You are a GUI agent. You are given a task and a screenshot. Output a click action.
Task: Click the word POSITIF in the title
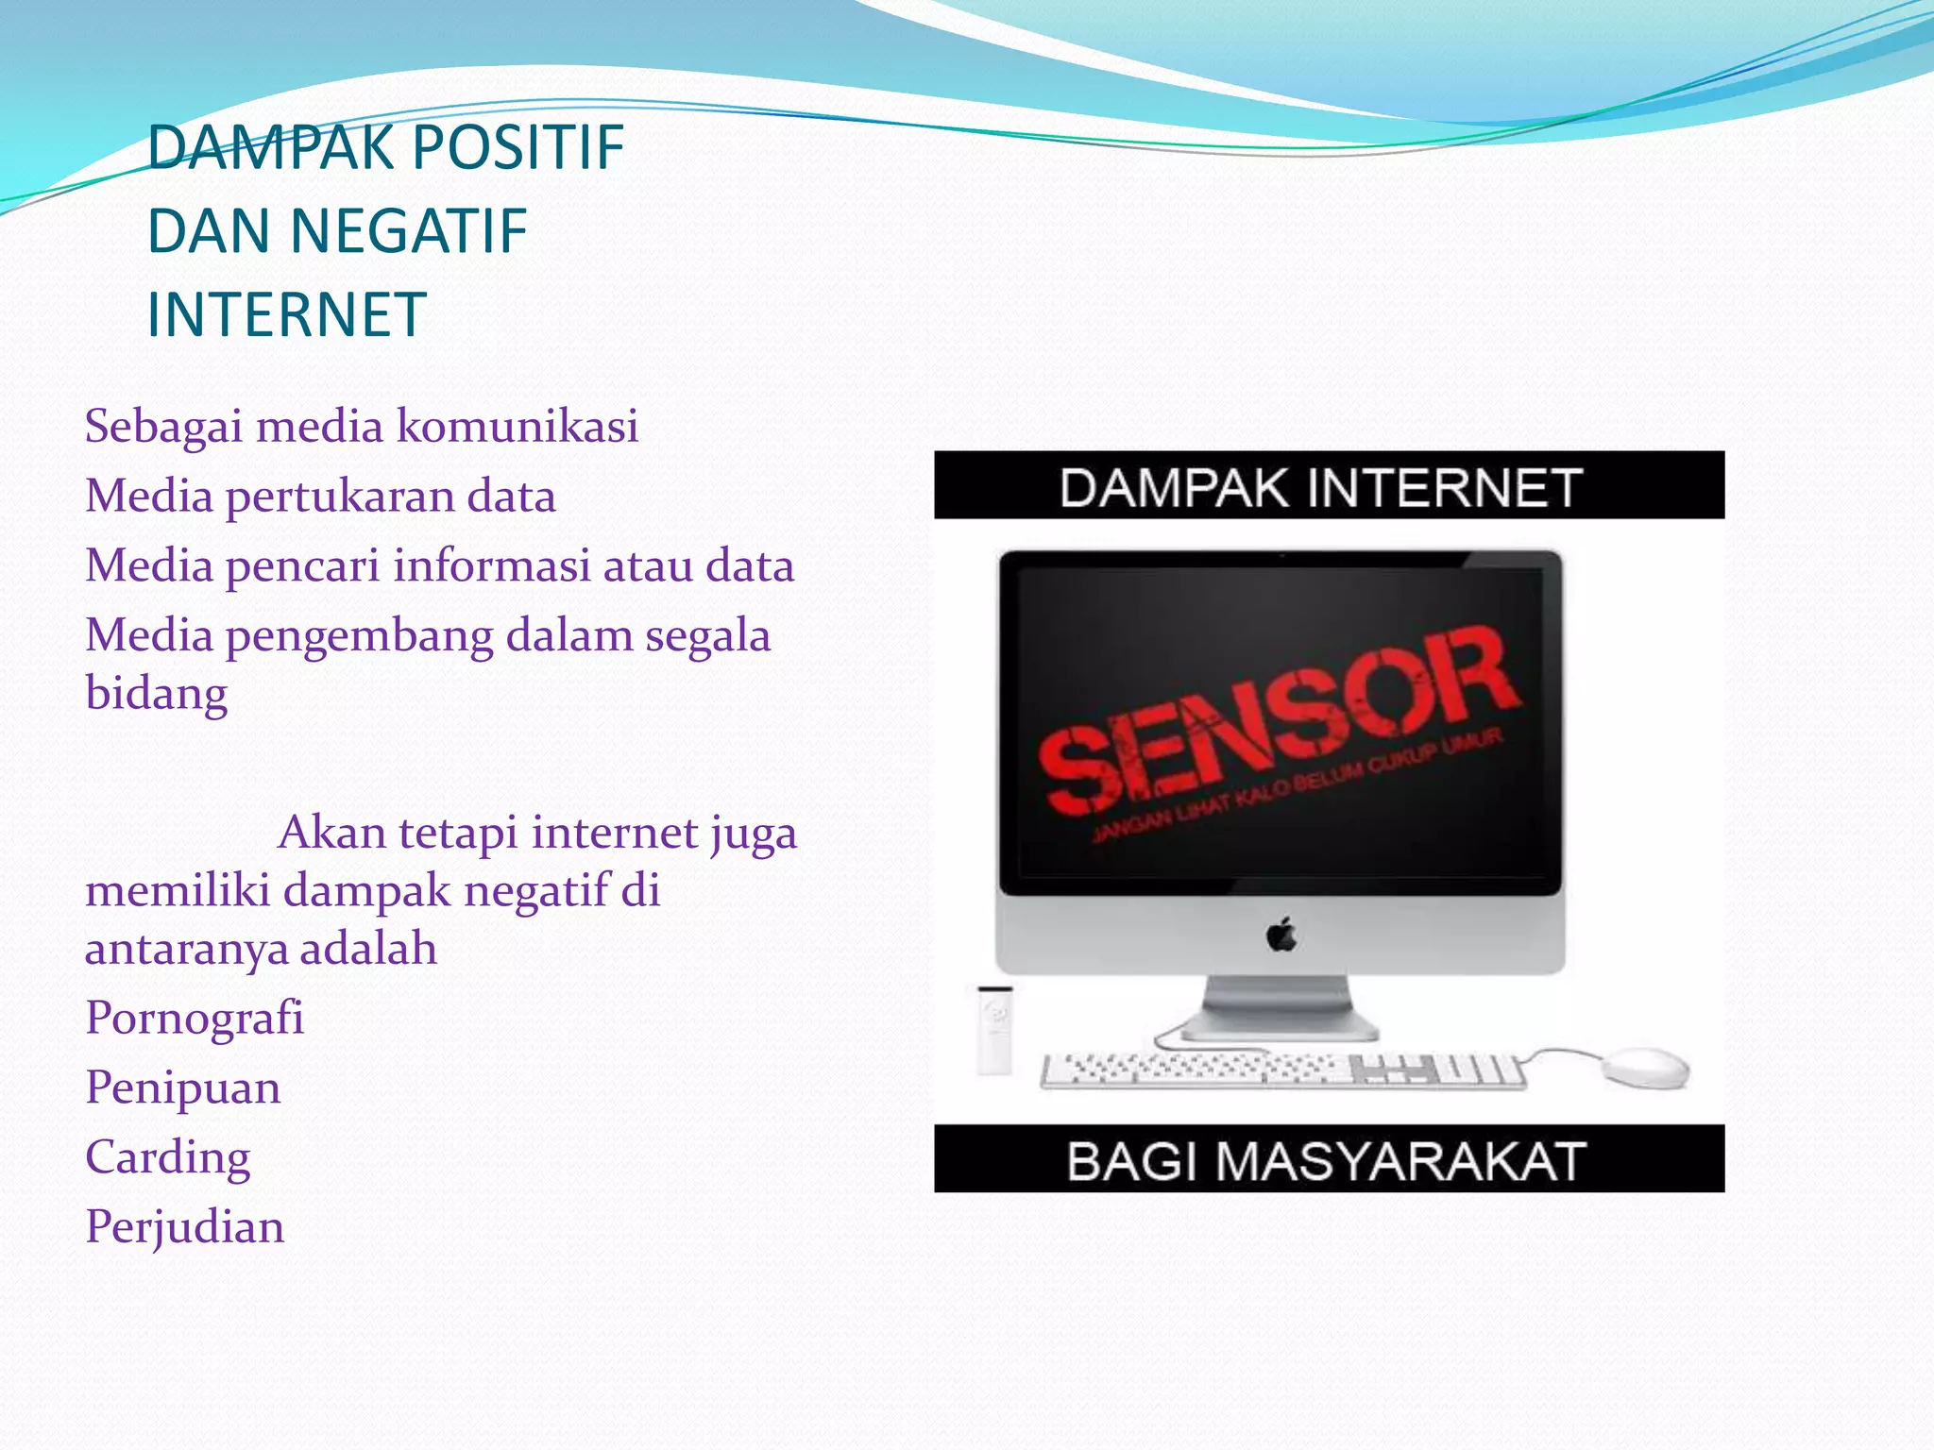(517, 148)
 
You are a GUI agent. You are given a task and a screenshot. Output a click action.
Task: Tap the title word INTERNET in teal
(287, 315)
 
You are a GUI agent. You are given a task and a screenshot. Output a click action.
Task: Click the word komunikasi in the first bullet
(517, 427)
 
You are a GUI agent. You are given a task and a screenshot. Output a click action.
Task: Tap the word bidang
(157, 694)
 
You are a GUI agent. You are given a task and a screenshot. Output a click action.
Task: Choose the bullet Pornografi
(195, 1019)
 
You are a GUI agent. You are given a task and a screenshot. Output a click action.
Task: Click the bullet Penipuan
(183, 1087)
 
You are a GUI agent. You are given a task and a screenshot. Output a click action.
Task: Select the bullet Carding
(168, 1157)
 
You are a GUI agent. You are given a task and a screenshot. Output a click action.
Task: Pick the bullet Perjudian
(185, 1227)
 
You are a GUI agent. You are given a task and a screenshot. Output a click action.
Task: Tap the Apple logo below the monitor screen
(1281, 936)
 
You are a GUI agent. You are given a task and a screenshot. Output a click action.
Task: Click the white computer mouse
(1645, 1067)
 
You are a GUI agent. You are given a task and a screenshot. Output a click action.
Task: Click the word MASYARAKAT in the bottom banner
(1400, 1161)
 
